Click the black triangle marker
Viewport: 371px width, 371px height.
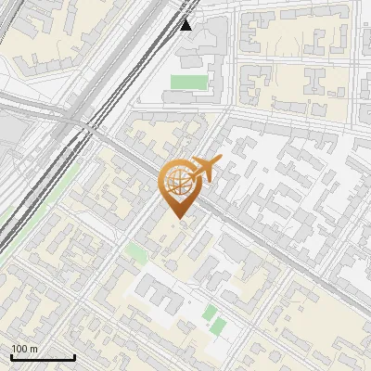[186, 23]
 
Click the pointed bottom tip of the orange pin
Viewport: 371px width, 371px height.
[178, 221]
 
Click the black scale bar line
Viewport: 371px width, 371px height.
[43, 357]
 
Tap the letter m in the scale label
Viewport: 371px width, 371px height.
[34, 349]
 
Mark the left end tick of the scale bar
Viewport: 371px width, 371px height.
[11, 356]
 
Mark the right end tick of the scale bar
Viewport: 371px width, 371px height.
[74, 356]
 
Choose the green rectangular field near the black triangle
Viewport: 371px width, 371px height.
[187, 83]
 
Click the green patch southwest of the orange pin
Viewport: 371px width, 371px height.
[136, 252]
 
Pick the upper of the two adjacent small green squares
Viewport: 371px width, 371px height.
[211, 312]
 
